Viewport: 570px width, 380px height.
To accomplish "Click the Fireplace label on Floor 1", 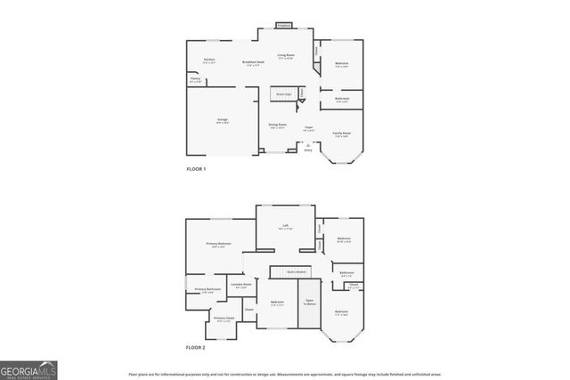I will point(284,26).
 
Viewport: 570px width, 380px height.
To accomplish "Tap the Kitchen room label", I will point(209,61).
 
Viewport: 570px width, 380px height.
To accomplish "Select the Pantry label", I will point(195,79).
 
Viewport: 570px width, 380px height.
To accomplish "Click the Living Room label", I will point(286,55).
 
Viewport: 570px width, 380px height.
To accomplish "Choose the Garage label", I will point(222,119).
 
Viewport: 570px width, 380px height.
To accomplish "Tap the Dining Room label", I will point(277,125).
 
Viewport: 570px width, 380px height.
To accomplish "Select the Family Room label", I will point(342,133).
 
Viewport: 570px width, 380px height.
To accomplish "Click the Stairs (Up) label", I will point(284,93).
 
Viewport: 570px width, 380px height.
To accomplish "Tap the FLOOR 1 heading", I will point(196,169).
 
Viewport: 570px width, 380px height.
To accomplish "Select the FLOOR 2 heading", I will point(196,347).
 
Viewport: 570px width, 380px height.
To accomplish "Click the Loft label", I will point(286,227).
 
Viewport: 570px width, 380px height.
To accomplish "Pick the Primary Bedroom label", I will point(218,245).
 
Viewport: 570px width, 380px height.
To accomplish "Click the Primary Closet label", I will point(223,319).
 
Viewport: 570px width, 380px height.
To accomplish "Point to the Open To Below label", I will point(309,303).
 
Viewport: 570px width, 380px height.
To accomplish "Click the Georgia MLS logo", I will point(28,368).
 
